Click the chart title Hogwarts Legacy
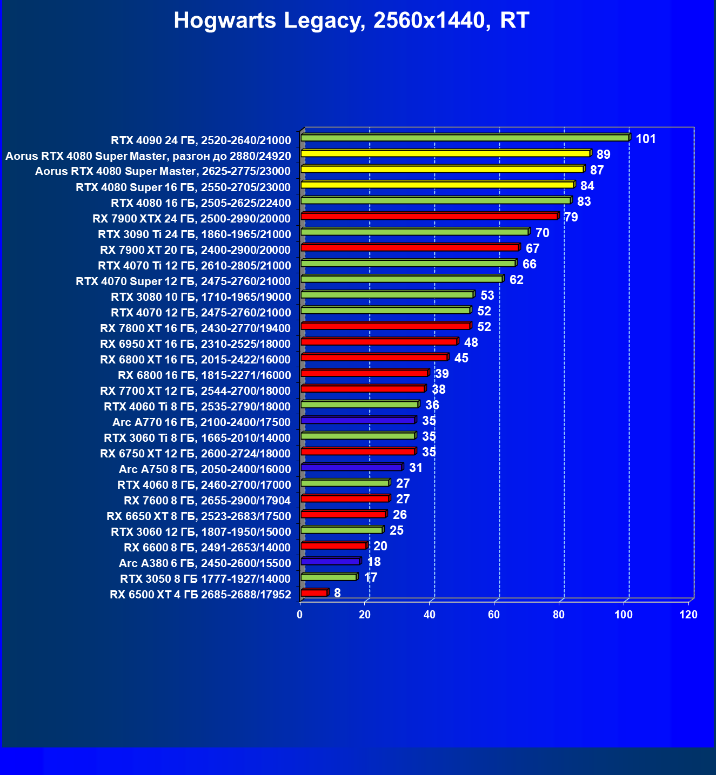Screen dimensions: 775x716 [x=351, y=21]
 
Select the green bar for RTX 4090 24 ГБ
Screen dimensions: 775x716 [x=465, y=138]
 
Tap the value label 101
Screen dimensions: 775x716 [x=646, y=139]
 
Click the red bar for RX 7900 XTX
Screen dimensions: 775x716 [x=430, y=216]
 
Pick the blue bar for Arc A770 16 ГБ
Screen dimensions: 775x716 [x=358, y=420]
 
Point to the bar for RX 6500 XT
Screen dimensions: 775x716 [x=314, y=592]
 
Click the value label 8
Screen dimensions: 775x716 [x=337, y=593]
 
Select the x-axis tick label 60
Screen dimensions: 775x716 [x=494, y=615]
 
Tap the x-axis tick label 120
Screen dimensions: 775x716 [x=688, y=615]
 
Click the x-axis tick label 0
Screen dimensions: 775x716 [x=300, y=615]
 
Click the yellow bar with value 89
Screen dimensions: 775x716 [x=446, y=153]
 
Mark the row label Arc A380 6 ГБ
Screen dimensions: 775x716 [x=205, y=563]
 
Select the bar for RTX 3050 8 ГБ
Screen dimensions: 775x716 [x=329, y=577]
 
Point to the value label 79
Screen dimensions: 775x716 [x=571, y=217]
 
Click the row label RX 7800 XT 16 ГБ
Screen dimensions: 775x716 [x=196, y=328]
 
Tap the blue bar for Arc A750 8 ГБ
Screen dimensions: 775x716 [x=351, y=467]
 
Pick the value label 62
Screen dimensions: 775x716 [x=517, y=280]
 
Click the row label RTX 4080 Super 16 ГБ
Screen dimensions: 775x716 [x=183, y=187]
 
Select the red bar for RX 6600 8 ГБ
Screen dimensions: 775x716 [x=333, y=545]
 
